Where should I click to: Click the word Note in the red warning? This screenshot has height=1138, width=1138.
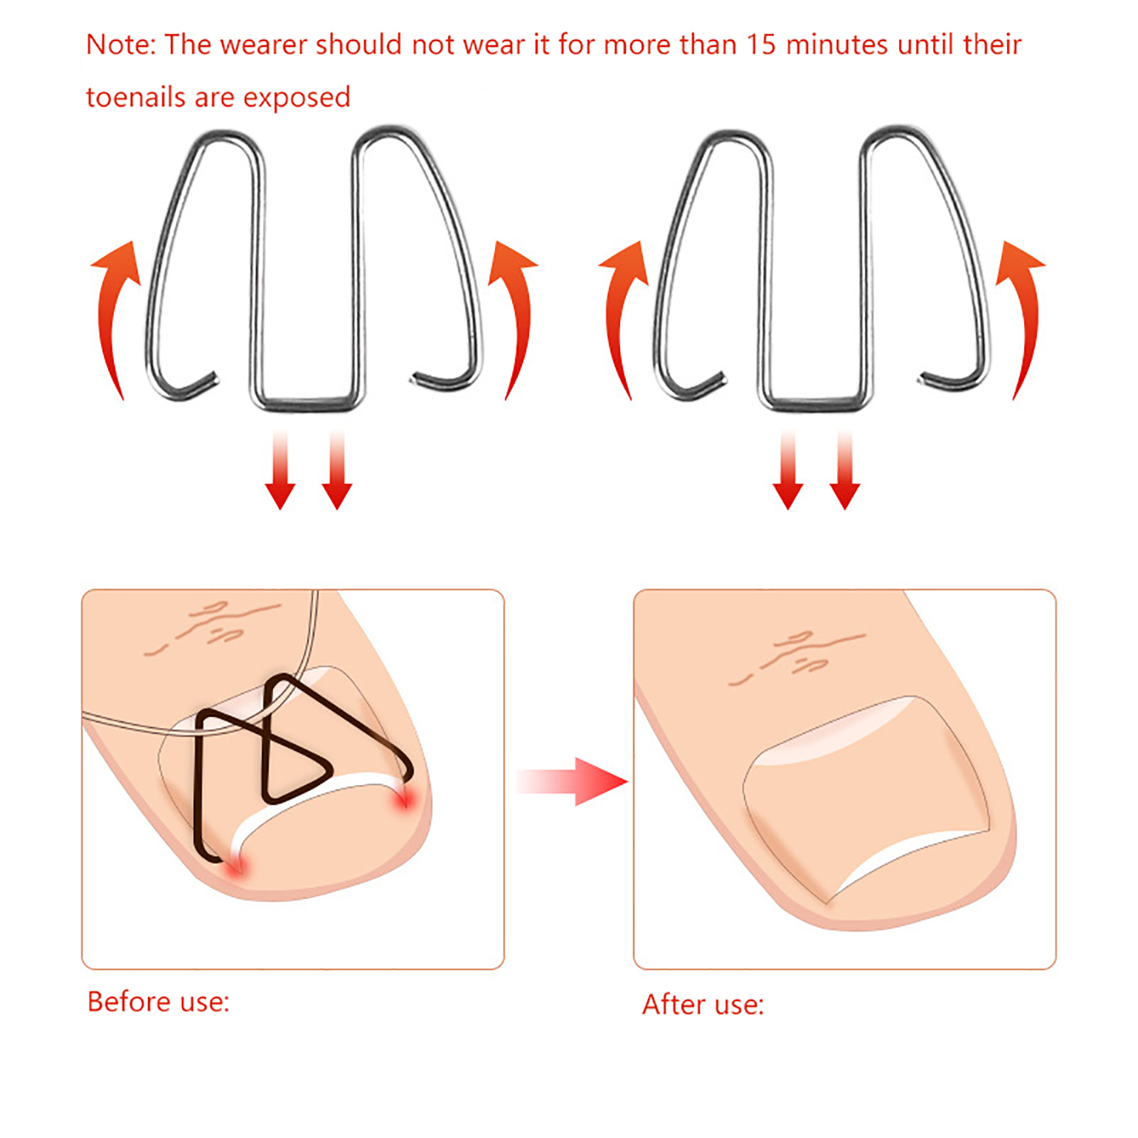click(x=118, y=45)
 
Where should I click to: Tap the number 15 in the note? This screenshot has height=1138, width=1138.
click(x=761, y=45)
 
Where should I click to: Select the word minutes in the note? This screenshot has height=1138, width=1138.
click(x=837, y=45)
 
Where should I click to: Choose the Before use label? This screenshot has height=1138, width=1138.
click(x=158, y=1001)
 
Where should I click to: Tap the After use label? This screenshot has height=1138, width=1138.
click(x=703, y=1004)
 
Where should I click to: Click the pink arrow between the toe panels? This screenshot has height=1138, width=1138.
click(x=572, y=782)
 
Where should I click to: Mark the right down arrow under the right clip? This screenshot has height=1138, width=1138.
click(x=845, y=469)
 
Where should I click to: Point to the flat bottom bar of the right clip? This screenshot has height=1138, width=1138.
click(x=815, y=403)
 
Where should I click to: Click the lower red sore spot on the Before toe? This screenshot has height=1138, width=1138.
click(x=235, y=866)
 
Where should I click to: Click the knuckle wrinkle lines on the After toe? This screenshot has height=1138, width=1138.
click(x=797, y=654)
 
